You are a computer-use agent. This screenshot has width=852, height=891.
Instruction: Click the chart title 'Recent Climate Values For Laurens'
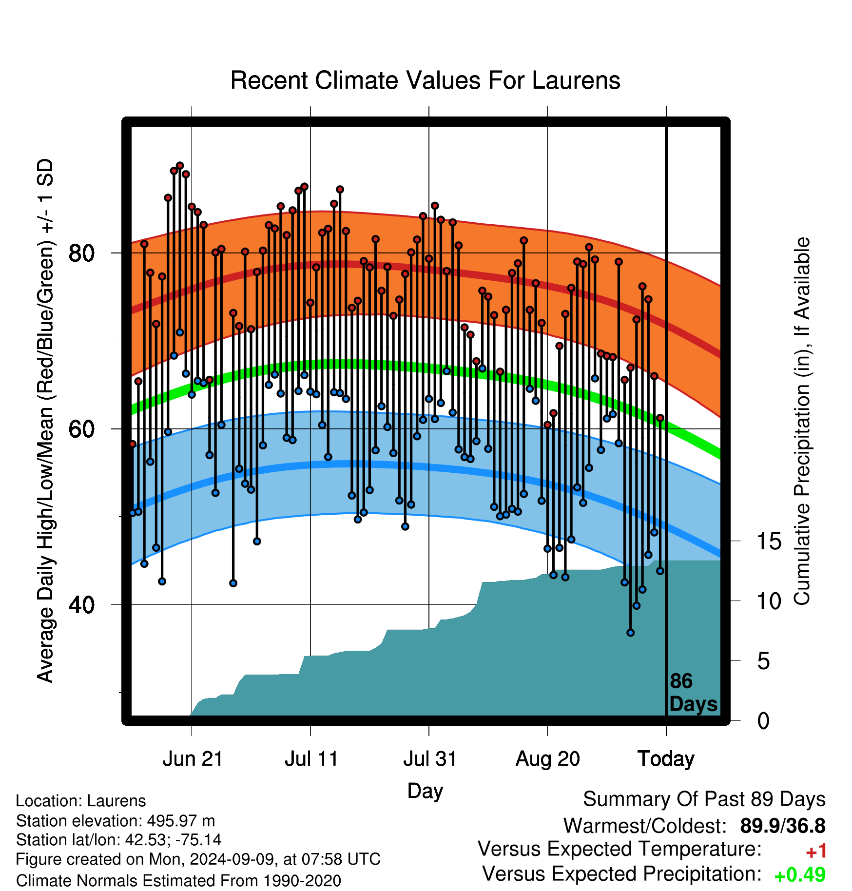[425, 80]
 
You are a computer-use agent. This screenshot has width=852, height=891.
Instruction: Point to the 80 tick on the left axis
[81, 253]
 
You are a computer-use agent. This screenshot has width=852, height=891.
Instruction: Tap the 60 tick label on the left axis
[81, 429]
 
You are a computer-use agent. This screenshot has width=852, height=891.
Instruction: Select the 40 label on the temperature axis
[81, 605]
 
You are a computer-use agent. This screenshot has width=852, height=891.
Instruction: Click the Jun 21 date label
[193, 759]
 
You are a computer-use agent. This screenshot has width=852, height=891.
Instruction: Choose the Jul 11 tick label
[311, 759]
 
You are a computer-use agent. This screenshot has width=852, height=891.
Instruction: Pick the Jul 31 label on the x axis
[430, 759]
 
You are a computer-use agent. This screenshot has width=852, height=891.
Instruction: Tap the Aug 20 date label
[548, 759]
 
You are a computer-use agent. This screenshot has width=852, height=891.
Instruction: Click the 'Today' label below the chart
[666, 759]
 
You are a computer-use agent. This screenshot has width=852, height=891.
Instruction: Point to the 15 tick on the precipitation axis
[769, 541]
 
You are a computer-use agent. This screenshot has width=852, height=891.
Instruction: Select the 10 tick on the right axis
[769, 601]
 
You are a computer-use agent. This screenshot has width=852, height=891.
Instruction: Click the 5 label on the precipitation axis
[763, 661]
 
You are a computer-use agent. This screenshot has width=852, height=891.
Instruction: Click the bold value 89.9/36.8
[783, 826]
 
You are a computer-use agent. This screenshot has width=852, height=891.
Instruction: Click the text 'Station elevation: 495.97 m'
[116, 821]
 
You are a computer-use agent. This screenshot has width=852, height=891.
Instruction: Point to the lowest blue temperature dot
[630, 633]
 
